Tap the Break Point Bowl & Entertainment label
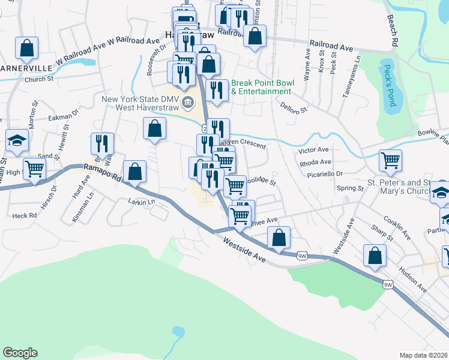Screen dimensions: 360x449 pyautogui.click(x=261, y=87)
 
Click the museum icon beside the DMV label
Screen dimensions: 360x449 pyautogui.click(x=188, y=100)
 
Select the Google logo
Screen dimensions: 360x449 pyautogui.click(x=20, y=353)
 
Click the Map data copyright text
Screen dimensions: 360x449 pyautogui.click(x=424, y=355)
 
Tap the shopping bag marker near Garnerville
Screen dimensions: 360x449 pyautogui.click(x=26, y=48)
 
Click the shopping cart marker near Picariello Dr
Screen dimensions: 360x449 pyautogui.click(x=390, y=161)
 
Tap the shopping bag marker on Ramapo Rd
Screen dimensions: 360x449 pyautogui.click(x=135, y=172)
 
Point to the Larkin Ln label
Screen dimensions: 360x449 pyautogui.click(x=142, y=202)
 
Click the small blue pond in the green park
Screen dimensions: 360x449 pyautogui.click(x=178, y=331)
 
